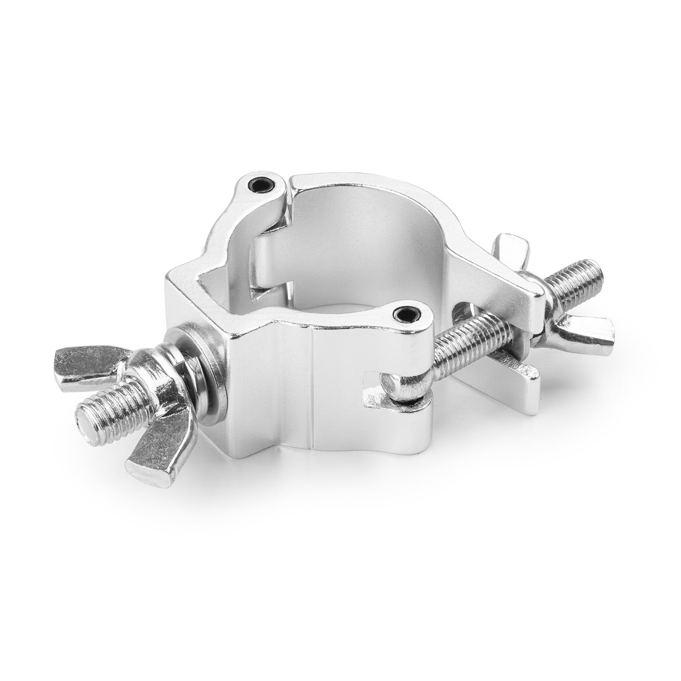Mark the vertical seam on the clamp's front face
point(314,392)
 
